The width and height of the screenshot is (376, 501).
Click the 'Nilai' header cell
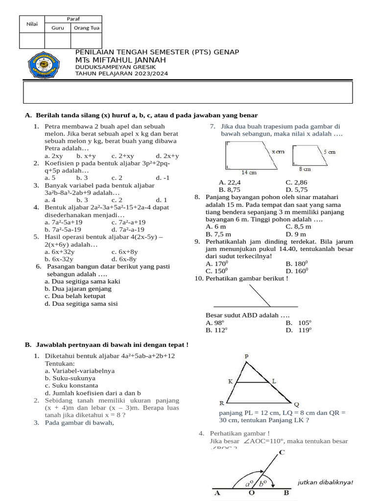click(x=32, y=24)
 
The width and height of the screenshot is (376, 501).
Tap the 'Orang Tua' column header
click(x=87, y=28)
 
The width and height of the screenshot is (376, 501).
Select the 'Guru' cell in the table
click(x=58, y=28)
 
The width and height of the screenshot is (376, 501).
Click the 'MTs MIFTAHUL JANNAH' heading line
click(x=120, y=60)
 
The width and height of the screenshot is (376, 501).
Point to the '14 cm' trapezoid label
click(x=249, y=172)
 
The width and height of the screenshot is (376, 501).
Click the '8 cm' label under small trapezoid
click(x=305, y=169)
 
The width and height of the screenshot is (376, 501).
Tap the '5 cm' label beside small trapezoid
click(x=329, y=152)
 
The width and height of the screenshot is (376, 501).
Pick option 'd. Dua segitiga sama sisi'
click(x=81, y=303)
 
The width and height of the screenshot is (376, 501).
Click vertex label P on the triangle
click(x=247, y=356)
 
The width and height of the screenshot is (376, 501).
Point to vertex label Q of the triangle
click(x=296, y=405)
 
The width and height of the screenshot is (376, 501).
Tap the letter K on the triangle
click(x=230, y=381)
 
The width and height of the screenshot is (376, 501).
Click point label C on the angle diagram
click(x=282, y=453)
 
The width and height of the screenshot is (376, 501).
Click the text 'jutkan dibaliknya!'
click(x=325, y=482)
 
